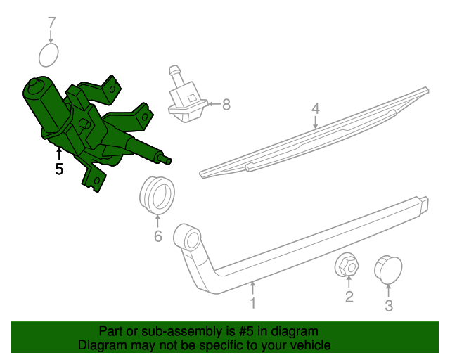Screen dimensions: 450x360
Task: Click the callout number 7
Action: (51, 23)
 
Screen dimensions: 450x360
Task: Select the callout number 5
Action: (59, 169)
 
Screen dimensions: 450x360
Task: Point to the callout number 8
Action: (226, 105)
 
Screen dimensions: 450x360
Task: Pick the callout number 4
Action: (316, 109)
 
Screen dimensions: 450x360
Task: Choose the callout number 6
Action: (158, 236)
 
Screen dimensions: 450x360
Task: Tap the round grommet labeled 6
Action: (156, 195)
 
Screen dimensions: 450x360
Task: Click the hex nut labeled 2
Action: (348, 266)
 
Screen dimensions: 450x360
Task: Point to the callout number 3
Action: (389, 306)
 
